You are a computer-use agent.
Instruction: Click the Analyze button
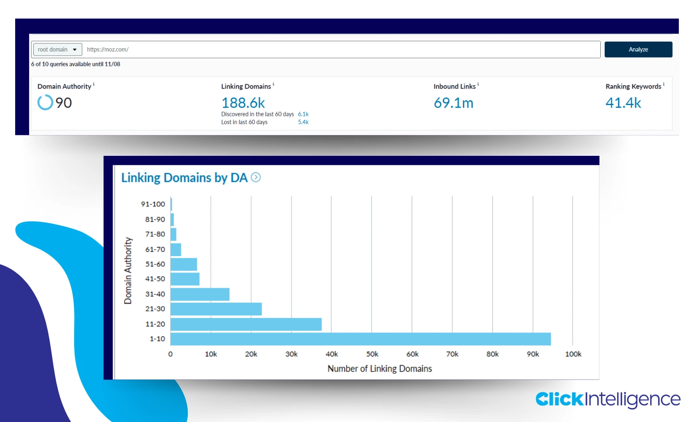[638, 49]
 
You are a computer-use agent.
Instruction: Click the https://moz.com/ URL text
[108, 49]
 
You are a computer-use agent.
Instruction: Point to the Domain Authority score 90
[63, 103]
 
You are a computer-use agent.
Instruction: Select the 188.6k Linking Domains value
[243, 103]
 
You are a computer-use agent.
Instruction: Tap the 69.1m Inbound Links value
[453, 103]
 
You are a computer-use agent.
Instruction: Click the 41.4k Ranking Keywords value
[623, 103]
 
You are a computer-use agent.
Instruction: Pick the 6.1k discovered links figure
[303, 114]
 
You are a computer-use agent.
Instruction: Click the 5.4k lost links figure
[303, 122]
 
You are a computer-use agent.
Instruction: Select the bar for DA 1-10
[360, 339]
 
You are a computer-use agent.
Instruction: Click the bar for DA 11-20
[246, 324]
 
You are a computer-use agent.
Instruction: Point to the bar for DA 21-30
[216, 309]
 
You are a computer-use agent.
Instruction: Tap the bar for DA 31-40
[200, 294]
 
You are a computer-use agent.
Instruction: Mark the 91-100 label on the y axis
[153, 204]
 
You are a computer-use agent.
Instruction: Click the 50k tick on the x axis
[372, 354]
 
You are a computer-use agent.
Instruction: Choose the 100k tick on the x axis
[573, 354]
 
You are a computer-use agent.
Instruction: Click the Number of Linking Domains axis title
[380, 369]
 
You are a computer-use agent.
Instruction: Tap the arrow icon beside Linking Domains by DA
[256, 178]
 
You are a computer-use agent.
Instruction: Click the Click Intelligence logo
[608, 399]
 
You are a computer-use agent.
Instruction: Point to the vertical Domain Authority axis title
[128, 270]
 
